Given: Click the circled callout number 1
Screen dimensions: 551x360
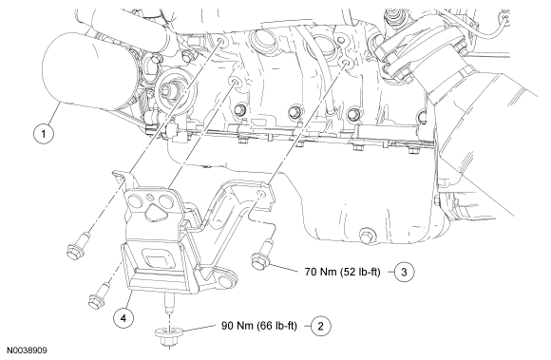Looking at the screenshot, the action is (44, 134).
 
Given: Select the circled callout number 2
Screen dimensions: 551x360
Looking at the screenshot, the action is (320, 326).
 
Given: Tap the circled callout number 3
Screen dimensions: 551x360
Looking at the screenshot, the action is (404, 272).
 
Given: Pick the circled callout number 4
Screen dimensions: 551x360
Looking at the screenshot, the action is (123, 318).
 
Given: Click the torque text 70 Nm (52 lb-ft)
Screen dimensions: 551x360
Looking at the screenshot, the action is (343, 272).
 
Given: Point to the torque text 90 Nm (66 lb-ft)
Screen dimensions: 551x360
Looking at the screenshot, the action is (259, 326).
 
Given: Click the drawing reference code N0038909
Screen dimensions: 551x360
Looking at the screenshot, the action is (27, 351).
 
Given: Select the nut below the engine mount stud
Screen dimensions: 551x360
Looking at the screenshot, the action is (168, 335).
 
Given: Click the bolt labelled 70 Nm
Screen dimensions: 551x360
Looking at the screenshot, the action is (262, 256).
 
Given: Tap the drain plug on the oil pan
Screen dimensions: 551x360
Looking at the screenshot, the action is (367, 236).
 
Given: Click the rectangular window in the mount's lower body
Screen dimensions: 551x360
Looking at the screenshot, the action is (156, 259).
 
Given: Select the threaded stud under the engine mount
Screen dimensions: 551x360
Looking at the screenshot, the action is (169, 303).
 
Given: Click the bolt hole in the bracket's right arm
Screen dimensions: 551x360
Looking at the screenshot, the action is (260, 194).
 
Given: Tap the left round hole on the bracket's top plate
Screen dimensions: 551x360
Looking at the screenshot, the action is (135, 201).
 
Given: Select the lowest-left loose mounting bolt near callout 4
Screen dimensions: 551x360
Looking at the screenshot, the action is (98, 295).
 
